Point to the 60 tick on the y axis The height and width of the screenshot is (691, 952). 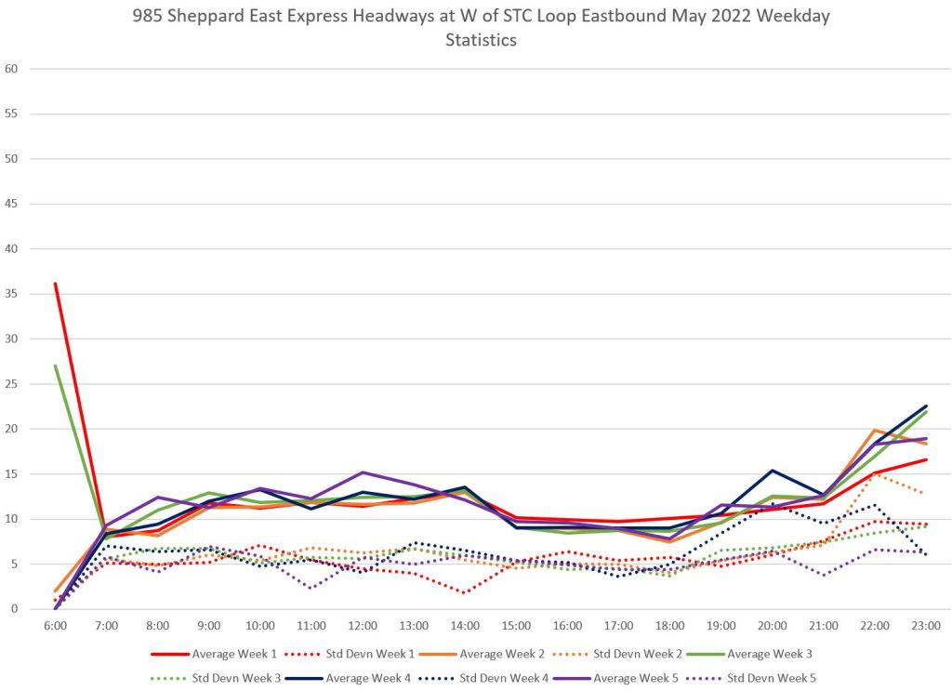(11, 69)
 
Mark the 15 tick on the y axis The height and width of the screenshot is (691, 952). (11, 474)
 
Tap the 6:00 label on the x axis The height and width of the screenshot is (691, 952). (55, 626)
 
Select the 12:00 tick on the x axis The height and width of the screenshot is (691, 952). (363, 626)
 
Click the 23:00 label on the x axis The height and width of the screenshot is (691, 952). (926, 626)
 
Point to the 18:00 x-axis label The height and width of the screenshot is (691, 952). (670, 626)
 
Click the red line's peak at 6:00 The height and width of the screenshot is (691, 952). (56, 284)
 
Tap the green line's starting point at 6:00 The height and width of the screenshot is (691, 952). (56, 365)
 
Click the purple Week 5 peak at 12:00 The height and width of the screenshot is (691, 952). (363, 472)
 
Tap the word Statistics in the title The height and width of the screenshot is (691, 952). (481, 40)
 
